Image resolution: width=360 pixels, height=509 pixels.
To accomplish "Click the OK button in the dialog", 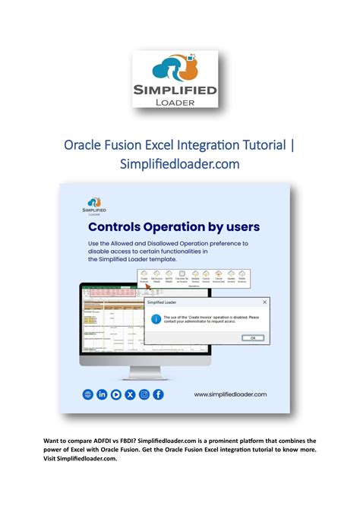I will pyautogui.click(x=252, y=338).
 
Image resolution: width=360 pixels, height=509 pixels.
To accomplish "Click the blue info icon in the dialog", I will pyautogui.click(x=156, y=318).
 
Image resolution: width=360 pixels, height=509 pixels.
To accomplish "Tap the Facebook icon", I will pyautogui.click(x=158, y=394).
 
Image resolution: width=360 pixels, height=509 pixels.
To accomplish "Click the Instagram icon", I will pyautogui.click(x=144, y=394).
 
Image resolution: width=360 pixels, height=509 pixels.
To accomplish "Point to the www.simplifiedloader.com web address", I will pyautogui.click(x=230, y=395).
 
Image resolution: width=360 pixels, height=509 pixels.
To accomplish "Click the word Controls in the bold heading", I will pyautogui.click(x=118, y=226).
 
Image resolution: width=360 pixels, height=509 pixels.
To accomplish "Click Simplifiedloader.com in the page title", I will pyautogui.click(x=180, y=164).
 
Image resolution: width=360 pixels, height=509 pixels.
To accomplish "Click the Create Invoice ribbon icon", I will pyautogui.click(x=143, y=277).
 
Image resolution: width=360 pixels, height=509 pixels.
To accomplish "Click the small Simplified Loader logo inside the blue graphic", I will pyautogui.click(x=94, y=206).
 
